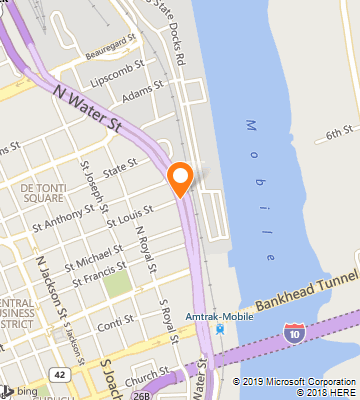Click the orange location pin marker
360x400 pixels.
(181, 177)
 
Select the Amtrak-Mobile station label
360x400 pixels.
(217, 317)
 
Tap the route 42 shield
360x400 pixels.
(60, 374)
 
